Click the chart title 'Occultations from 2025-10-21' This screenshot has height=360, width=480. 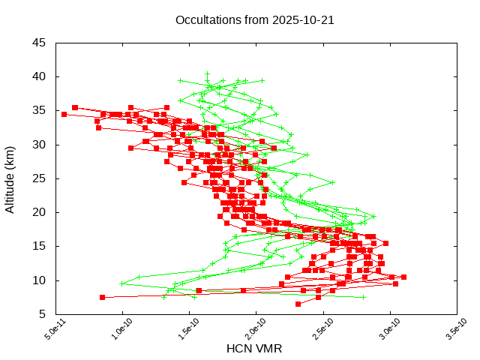(x=254, y=20)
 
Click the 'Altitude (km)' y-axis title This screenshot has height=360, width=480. (x=10, y=178)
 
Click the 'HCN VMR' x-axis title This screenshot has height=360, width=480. (x=254, y=348)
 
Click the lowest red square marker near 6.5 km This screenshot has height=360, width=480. (x=298, y=304)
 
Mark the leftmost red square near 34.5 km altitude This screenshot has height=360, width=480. (x=64, y=114)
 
